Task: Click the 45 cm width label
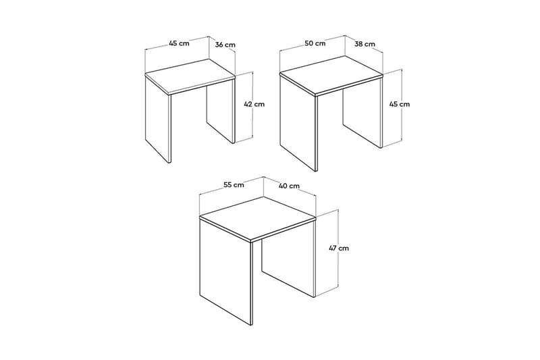[x=178, y=43]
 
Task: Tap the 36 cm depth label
[x=225, y=45]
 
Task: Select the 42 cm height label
[x=254, y=104]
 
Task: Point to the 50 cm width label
[x=315, y=43]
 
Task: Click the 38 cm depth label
[x=364, y=44]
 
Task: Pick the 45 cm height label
[x=399, y=104]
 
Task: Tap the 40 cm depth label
[x=289, y=186]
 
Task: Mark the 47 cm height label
[x=339, y=248]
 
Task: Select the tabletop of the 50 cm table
[x=331, y=75]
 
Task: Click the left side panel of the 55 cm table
[x=225, y=270]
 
